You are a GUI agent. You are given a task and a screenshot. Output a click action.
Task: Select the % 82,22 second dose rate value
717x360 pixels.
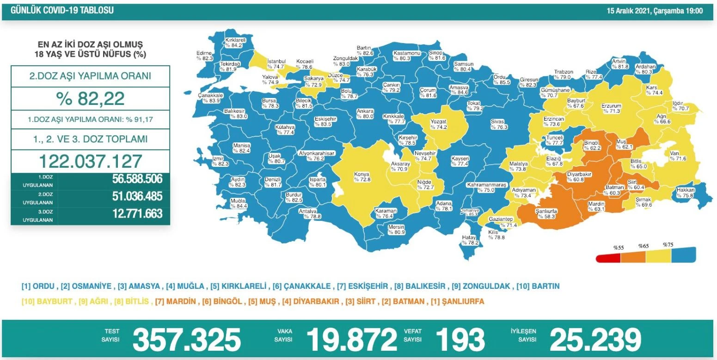(x=90, y=98)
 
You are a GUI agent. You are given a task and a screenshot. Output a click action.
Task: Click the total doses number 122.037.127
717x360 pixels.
(x=90, y=161)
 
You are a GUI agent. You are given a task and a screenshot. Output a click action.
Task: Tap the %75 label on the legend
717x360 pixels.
(x=668, y=244)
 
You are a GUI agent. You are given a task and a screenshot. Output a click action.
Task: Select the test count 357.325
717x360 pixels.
(x=187, y=340)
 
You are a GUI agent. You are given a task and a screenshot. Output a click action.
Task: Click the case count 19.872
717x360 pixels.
(x=351, y=340)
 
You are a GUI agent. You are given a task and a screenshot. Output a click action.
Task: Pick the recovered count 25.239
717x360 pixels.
(x=595, y=340)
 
